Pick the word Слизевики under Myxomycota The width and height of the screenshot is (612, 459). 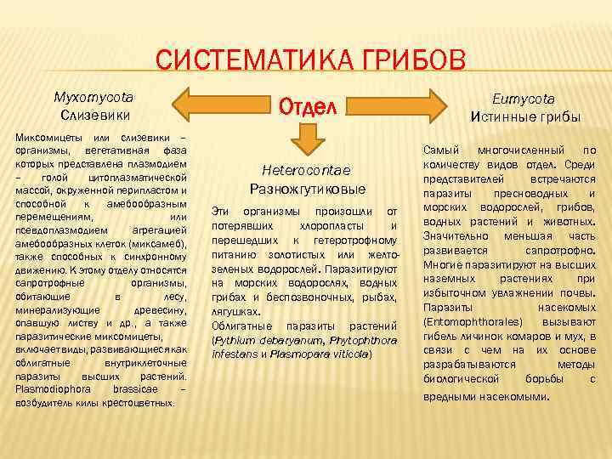(x=93, y=114)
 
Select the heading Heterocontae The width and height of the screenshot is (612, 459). (x=307, y=170)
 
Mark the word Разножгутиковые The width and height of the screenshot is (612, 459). (x=308, y=188)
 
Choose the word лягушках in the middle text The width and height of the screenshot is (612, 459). (x=233, y=312)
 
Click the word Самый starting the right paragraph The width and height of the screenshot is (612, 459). (x=443, y=150)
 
